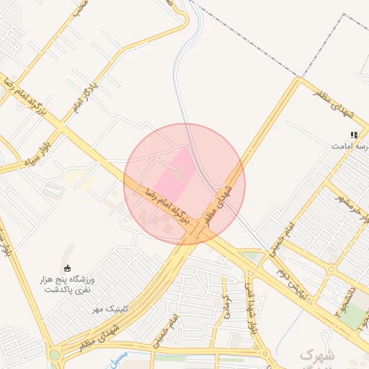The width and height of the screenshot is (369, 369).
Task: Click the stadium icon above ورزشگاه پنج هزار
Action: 68,268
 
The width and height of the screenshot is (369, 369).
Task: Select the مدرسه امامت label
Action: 350,146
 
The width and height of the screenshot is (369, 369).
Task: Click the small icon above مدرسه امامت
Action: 354,135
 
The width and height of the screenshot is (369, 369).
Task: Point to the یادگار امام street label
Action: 86,97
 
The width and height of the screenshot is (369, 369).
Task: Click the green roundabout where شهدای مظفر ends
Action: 55,355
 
